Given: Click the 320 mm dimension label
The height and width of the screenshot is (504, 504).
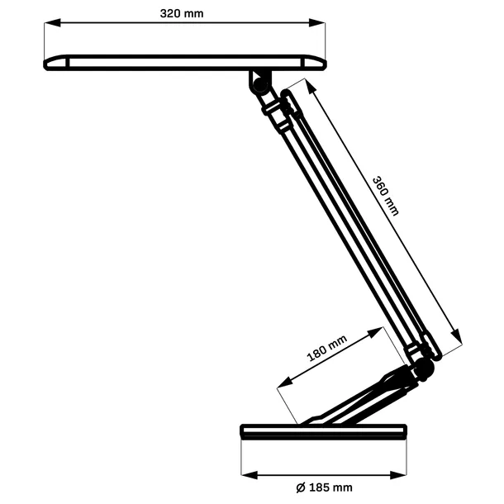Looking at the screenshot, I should [183, 12].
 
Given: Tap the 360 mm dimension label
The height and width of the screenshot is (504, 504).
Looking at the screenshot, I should [384, 196].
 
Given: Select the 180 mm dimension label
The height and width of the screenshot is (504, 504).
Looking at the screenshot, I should [327, 350].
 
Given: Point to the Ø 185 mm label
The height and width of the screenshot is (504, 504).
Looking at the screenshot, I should [323, 487].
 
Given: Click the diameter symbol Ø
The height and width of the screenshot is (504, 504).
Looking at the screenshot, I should [299, 487].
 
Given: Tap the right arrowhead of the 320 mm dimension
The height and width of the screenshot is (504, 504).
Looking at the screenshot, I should [321, 25].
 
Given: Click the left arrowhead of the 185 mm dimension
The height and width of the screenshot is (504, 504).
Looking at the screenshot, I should [246, 475].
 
